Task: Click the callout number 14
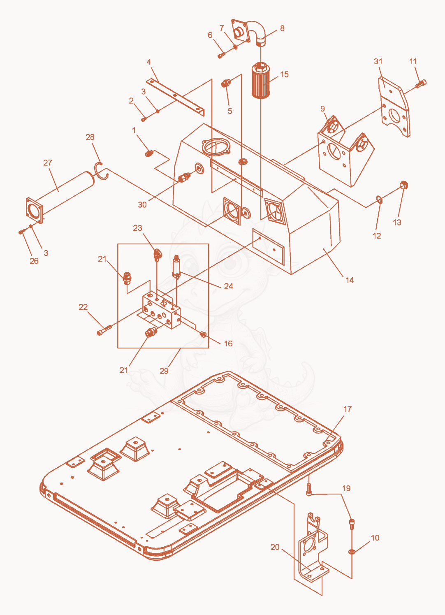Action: (x=350, y=280)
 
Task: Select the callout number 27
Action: (x=47, y=163)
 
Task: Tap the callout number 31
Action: (x=378, y=62)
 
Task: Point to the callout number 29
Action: (x=164, y=371)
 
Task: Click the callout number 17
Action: (x=347, y=409)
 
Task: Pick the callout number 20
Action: (x=275, y=547)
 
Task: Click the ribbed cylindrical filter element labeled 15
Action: (x=260, y=80)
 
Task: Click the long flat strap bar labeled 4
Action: (x=176, y=97)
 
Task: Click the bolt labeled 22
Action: (x=104, y=330)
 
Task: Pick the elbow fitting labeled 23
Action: (x=157, y=254)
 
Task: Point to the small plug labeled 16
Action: (x=204, y=334)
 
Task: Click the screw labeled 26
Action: (x=22, y=232)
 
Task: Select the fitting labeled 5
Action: (x=226, y=83)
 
